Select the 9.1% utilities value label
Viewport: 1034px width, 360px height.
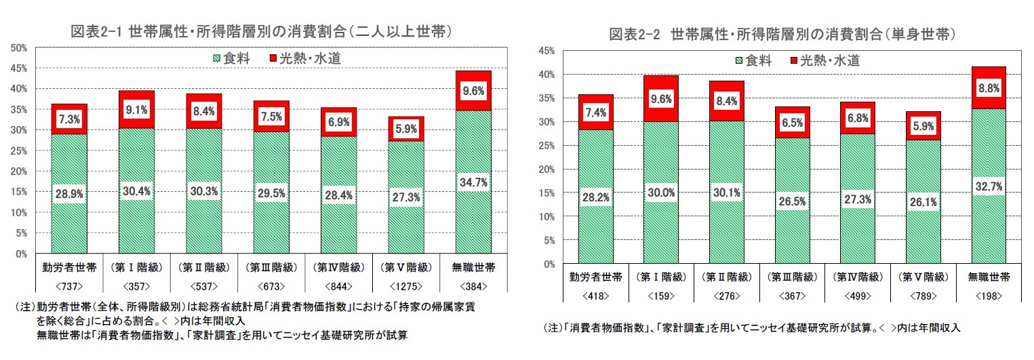tap(136, 109)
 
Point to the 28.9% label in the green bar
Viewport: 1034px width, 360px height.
tap(69, 194)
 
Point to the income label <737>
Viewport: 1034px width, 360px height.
tap(69, 287)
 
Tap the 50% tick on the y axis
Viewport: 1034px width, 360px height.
tap(18, 47)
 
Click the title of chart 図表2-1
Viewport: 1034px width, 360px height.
tap(262, 31)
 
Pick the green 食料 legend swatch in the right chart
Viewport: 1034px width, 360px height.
tap(739, 60)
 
